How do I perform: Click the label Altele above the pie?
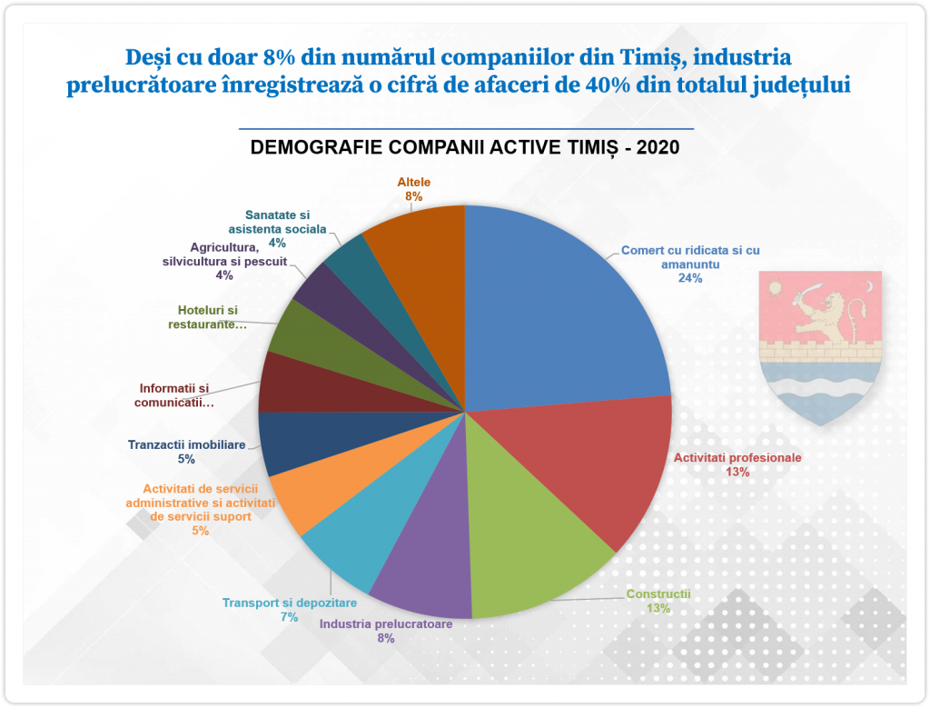point(414,182)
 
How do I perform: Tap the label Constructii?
point(658,595)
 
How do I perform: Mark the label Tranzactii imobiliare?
point(186,445)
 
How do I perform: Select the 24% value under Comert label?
point(689,279)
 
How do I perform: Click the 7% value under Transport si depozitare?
point(289,617)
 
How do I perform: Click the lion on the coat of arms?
point(828,314)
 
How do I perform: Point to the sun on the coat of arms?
point(775,289)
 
